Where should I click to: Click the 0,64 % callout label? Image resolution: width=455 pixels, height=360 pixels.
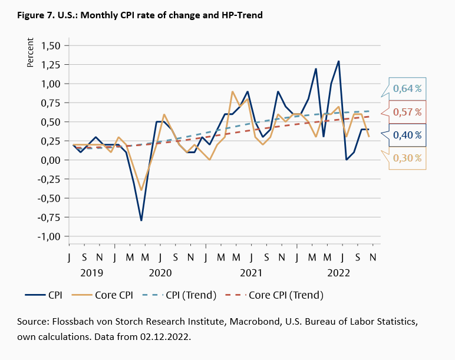407,88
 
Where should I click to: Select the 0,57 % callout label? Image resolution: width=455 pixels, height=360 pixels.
407,111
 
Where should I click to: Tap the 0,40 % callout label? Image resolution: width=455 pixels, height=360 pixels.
407,135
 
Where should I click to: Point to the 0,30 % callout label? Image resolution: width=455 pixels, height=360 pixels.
407,158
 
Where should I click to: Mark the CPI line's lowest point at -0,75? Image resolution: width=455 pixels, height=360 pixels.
141,220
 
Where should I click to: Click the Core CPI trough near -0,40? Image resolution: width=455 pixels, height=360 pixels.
141,190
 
